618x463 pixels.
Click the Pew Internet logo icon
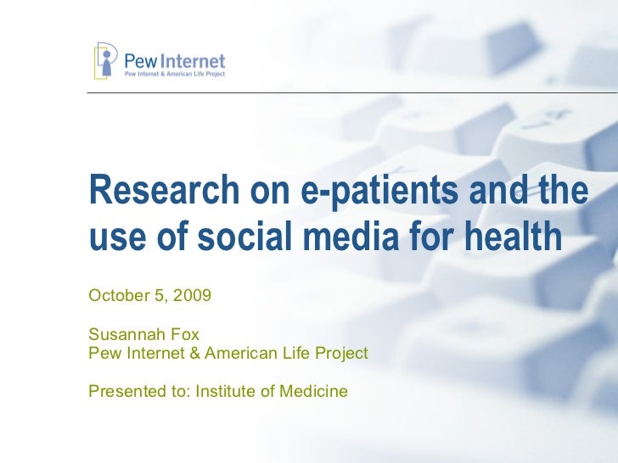[x=105, y=60]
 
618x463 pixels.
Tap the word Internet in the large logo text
[x=194, y=61]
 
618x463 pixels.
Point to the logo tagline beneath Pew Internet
[x=175, y=75]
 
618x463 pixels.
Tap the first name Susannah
[x=127, y=335]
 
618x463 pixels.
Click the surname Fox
[x=185, y=335]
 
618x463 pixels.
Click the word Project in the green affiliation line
[x=342, y=353]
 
